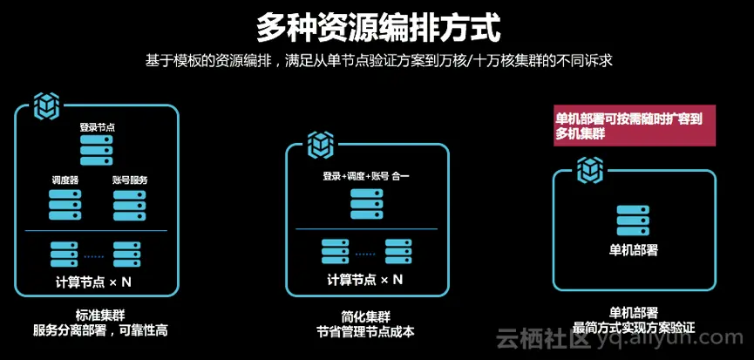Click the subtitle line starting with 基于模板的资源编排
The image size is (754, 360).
click(x=377, y=61)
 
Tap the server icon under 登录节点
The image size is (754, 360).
click(x=97, y=150)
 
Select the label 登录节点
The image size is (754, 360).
click(x=97, y=127)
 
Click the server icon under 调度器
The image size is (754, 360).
click(x=65, y=204)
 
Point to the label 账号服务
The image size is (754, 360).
click(x=130, y=180)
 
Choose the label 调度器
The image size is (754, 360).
click(x=65, y=180)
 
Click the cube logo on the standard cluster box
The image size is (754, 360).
click(x=45, y=105)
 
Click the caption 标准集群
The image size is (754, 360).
click(x=95, y=313)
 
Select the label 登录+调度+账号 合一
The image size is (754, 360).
click(x=366, y=177)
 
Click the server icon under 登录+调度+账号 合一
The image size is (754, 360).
click(x=366, y=202)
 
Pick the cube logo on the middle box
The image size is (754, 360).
click(x=319, y=143)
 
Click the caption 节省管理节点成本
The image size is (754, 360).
click(x=366, y=331)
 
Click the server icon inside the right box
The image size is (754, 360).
click(x=633, y=221)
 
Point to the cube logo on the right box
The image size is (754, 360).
click(x=594, y=166)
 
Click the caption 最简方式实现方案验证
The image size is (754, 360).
click(x=633, y=329)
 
